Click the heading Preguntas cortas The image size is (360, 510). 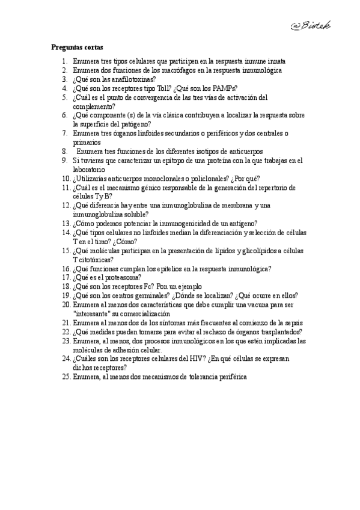point(77,47)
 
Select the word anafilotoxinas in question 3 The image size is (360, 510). point(132,79)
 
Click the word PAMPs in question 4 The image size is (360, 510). point(224,88)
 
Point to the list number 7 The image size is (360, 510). point(64,134)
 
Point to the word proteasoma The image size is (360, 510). point(121,277)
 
